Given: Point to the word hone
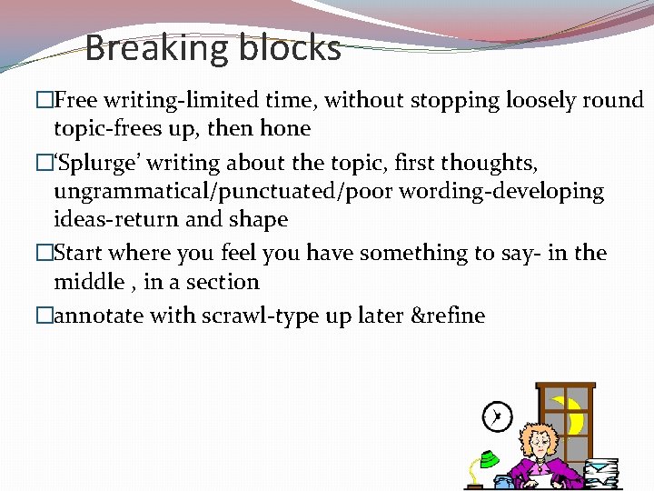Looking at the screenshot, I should click(x=285, y=128).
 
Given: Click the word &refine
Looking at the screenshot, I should click(x=449, y=316).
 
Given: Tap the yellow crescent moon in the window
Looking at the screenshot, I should click(x=570, y=416).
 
